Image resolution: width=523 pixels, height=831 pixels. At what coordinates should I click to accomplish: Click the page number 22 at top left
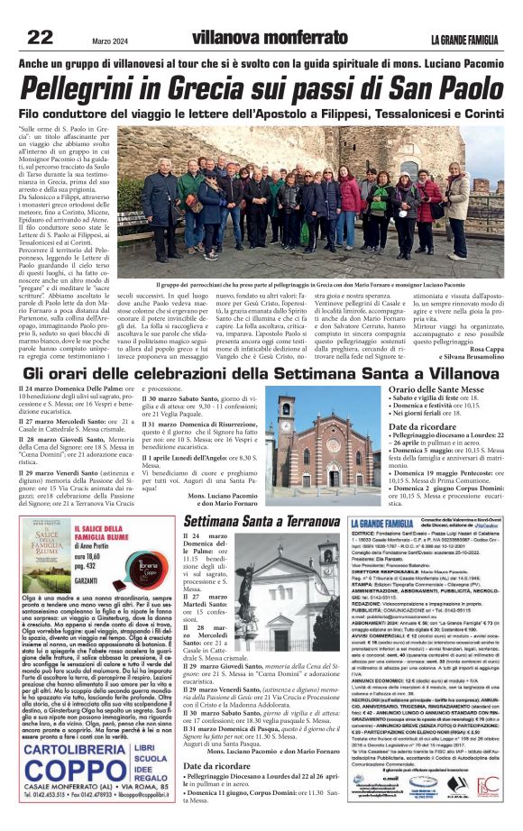pyautogui.click(x=41, y=36)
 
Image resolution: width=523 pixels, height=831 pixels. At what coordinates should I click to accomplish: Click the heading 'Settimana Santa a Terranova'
pyautogui.click(x=261, y=522)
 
